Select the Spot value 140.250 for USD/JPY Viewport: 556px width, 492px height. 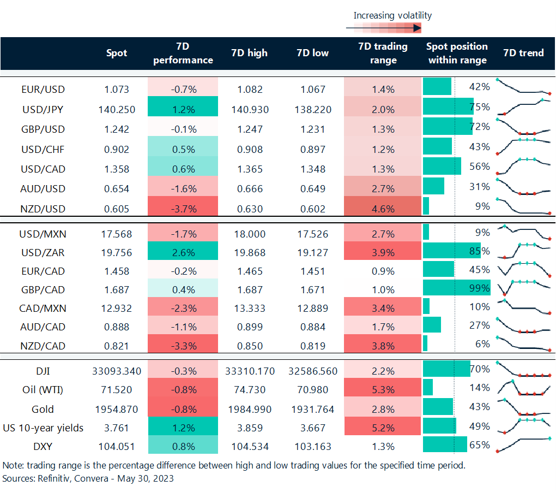tap(117, 109)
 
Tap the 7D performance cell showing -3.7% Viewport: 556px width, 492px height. tap(183, 209)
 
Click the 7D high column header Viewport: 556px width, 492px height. tap(250, 53)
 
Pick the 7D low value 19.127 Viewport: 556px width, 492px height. tap(313, 251)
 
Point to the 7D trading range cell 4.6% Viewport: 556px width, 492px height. tap(383, 209)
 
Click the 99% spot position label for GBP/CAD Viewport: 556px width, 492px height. tap(480, 288)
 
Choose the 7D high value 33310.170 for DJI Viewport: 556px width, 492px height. tap(250, 371)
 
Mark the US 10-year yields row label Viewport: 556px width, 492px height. tap(43, 428)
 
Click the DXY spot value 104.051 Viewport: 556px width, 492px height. tap(117, 446)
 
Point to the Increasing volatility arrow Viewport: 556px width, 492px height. tap(384, 27)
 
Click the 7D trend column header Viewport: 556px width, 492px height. tap(523, 53)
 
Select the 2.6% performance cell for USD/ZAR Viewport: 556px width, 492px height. tap(183, 251)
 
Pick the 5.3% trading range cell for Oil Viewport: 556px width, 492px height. tap(383, 390)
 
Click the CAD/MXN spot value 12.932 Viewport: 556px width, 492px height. tap(117, 308)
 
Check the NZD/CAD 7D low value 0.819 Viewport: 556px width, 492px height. tap(313, 345)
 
